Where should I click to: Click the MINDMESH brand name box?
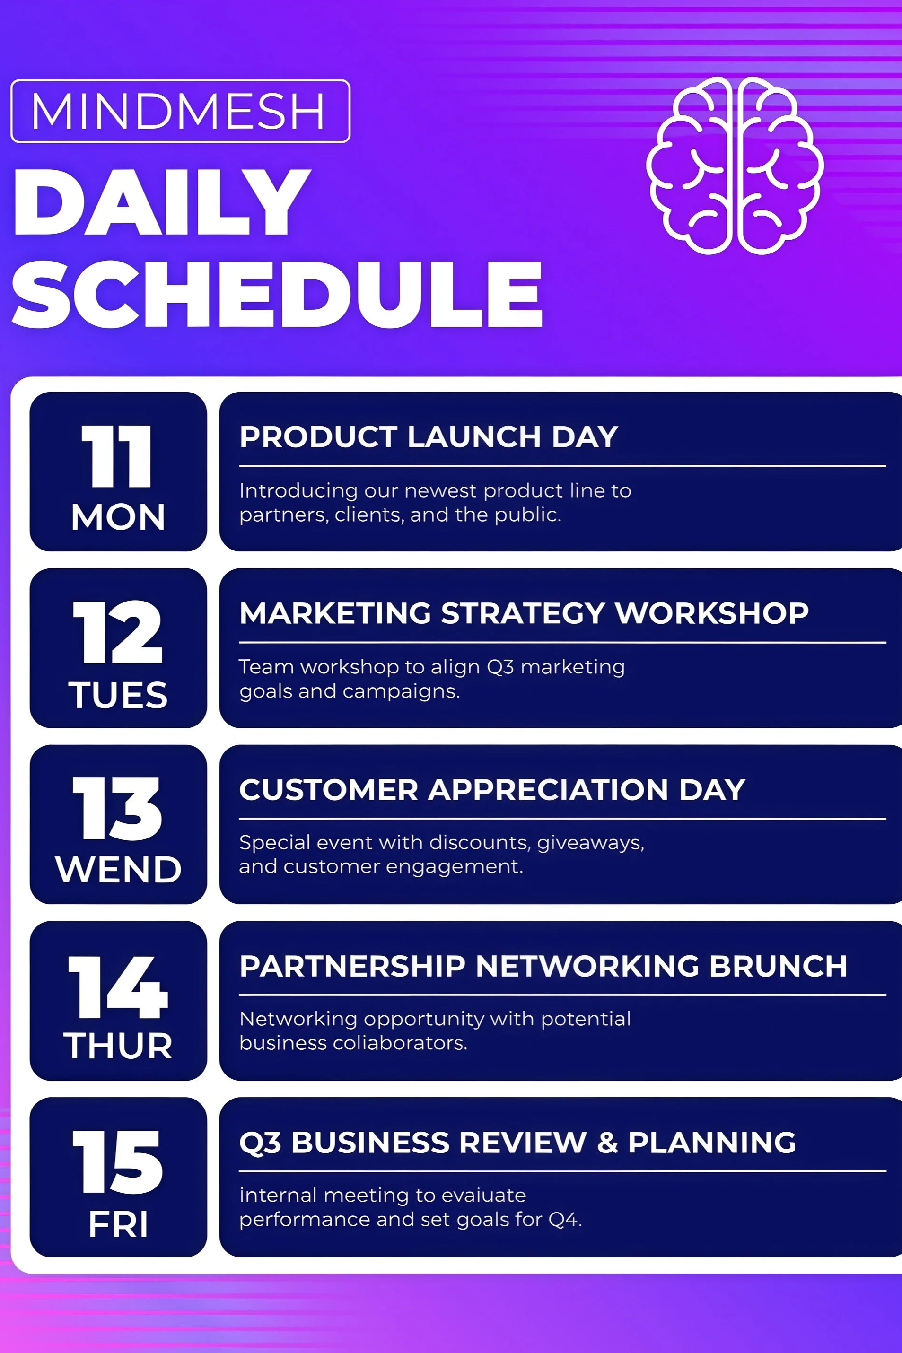(180, 111)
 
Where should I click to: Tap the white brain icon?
(735, 166)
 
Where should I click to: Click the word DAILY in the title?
(161, 202)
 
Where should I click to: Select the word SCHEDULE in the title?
(277, 295)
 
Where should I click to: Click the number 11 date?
(117, 457)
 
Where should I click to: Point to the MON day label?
(118, 517)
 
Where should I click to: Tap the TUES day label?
(118, 695)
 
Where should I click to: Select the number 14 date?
(118, 987)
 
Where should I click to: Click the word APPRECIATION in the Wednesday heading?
(548, 789)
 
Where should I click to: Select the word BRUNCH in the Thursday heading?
(778, 966)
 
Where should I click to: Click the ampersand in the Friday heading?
(607, 1142)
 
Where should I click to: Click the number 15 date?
(118, 1163)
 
